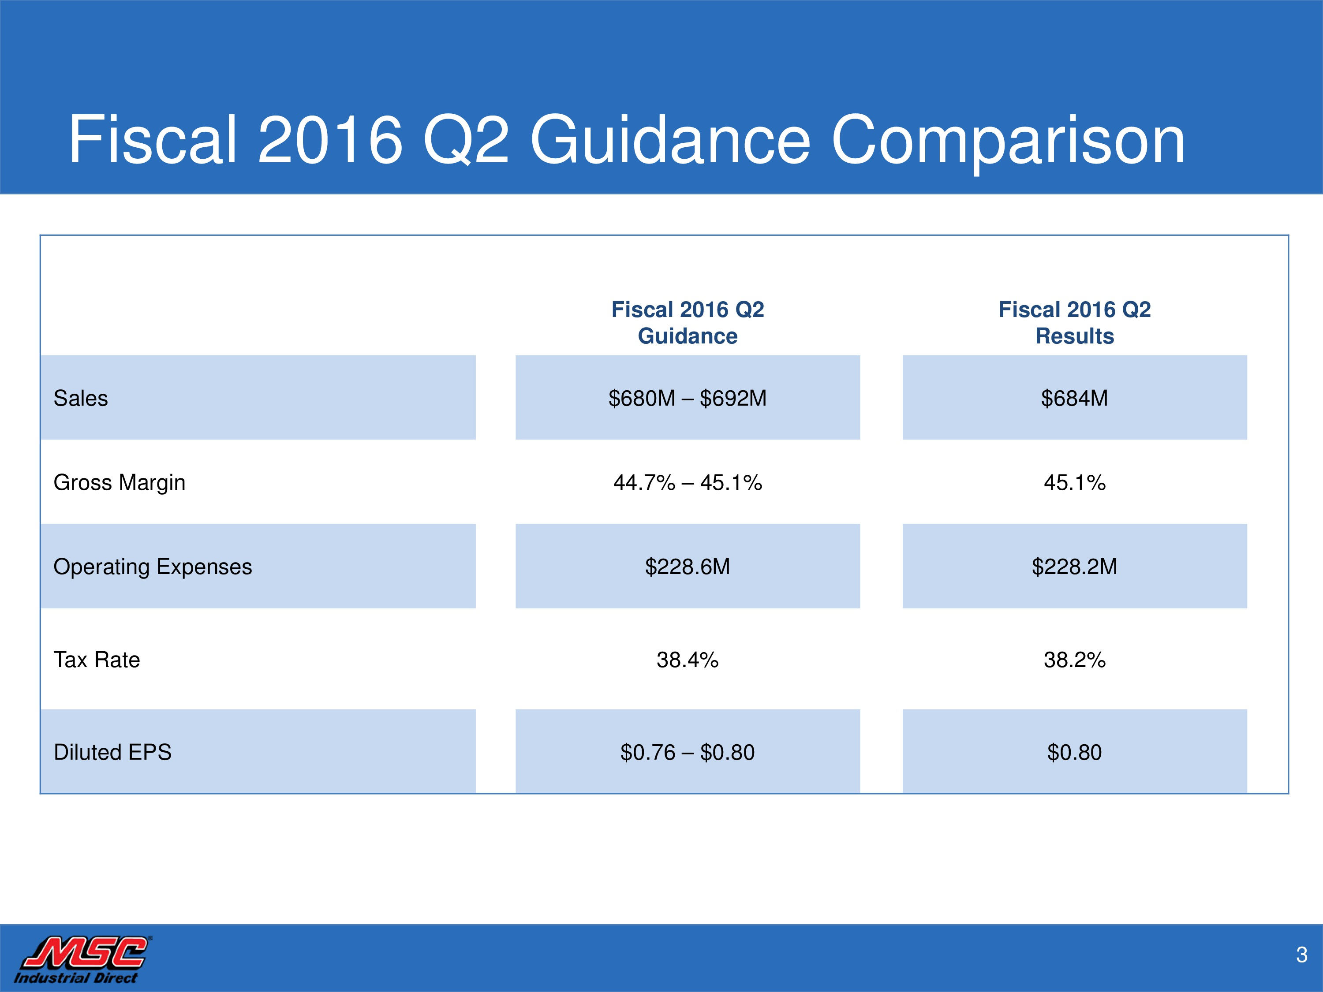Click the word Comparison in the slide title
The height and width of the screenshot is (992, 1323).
pos(1008,141)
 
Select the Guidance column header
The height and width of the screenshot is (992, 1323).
pos(688,323)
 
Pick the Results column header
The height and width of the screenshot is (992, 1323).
pos(1075,323)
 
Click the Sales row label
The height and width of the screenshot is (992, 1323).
pos(81,398)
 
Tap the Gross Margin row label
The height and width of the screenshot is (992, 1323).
pos(120,482)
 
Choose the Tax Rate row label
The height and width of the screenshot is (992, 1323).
pos(97,660)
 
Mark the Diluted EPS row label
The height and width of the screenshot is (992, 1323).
pos(112,752)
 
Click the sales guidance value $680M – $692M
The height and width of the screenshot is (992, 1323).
pos(688,398)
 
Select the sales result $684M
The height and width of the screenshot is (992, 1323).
pos(1075,398)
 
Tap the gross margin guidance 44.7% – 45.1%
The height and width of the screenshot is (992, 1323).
pos(688,482)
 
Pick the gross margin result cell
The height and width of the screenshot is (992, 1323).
pos(1075,482)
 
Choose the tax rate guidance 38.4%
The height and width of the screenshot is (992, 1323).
pos(688,660)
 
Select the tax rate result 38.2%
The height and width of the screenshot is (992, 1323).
pos(1075,660)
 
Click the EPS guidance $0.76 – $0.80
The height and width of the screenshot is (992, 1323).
pos(688,752)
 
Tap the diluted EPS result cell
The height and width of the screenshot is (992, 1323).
pos(1075,752)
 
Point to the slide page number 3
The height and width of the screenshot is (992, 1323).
pos(1301,955)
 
